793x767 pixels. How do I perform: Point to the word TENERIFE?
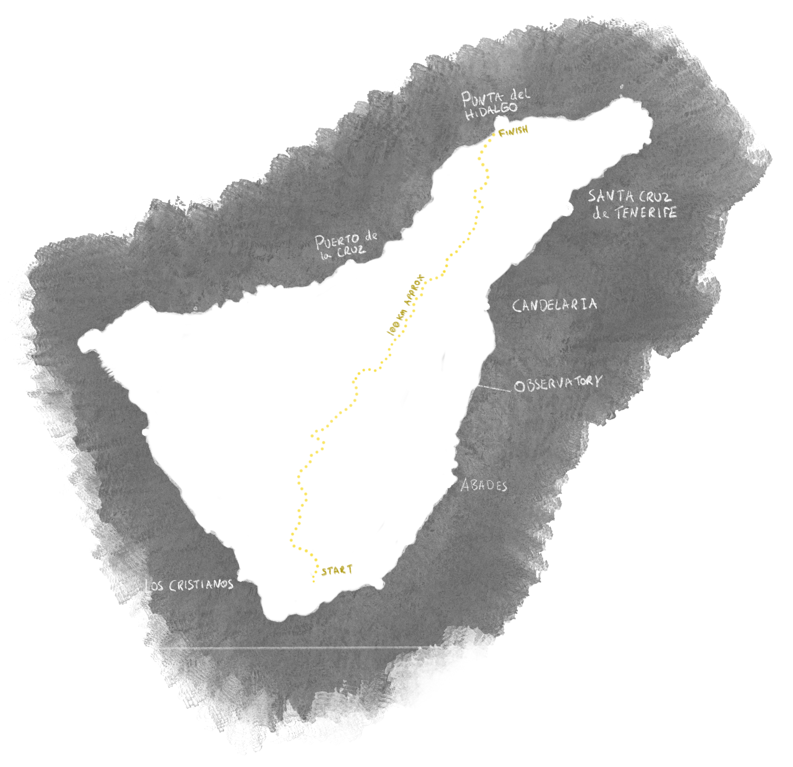tap(646, 213)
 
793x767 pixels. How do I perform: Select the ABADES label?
tap(484, 485)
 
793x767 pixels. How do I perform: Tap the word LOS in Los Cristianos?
tap(154, 586)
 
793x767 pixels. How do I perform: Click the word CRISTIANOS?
tap(201, 585)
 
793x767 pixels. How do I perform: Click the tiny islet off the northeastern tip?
tap(621, 86)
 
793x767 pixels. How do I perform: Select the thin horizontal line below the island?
tap(324, 648)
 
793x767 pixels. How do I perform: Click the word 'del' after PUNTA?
tap(520, 95)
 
